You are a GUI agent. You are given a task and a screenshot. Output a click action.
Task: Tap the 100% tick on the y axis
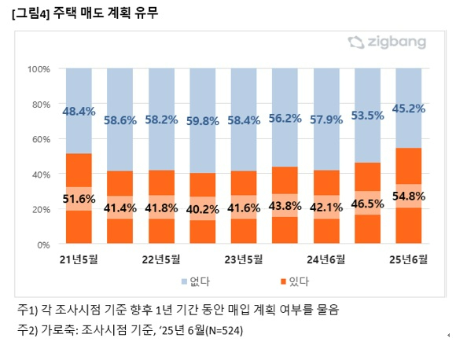pyautogui.click(x=39, y=69)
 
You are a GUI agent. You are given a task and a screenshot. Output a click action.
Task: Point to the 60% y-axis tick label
pyautogui.click(x=41, y=139)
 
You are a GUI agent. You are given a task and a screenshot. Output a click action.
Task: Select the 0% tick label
pyautogui.click(x=43, y=245)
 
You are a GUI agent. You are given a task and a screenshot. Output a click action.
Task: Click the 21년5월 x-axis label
pyautogui.click(x=79, y=259)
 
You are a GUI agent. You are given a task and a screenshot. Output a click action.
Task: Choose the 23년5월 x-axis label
pyautogui.click(x=244, y=259)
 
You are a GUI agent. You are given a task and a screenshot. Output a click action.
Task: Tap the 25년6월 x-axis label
pyautogui.click(x=408, y=259)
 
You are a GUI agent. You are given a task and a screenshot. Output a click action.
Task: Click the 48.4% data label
pyautogui.click(x=79, y=112)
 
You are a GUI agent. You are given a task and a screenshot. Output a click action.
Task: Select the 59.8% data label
pyautogui.click(x=202, y=121)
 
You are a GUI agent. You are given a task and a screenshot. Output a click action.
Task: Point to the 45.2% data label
pyautogui.click(x=409, y=108)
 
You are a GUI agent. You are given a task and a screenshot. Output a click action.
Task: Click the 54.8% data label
pyautogui.click(x=409, y=197)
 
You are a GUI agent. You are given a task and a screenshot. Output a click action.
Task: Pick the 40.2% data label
pyautogui.click(x=202, y=209)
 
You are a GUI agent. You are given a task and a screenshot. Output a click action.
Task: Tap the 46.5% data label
pyautogui.click(x=367, y=204)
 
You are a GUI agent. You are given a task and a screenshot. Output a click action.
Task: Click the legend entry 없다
pyautogui.click(x=196, y=281)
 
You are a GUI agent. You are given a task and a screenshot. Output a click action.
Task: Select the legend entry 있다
pyautogui.click(x=295, y=281)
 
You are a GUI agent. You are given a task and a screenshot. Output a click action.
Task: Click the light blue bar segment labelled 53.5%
pyautogui.click(x=367, y=116)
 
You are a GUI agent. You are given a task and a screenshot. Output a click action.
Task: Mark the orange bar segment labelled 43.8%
pyautogui.click(x=285, y=205)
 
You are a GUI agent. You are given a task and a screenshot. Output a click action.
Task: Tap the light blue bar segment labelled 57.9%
pyautogui.click(x=326, y=119)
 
